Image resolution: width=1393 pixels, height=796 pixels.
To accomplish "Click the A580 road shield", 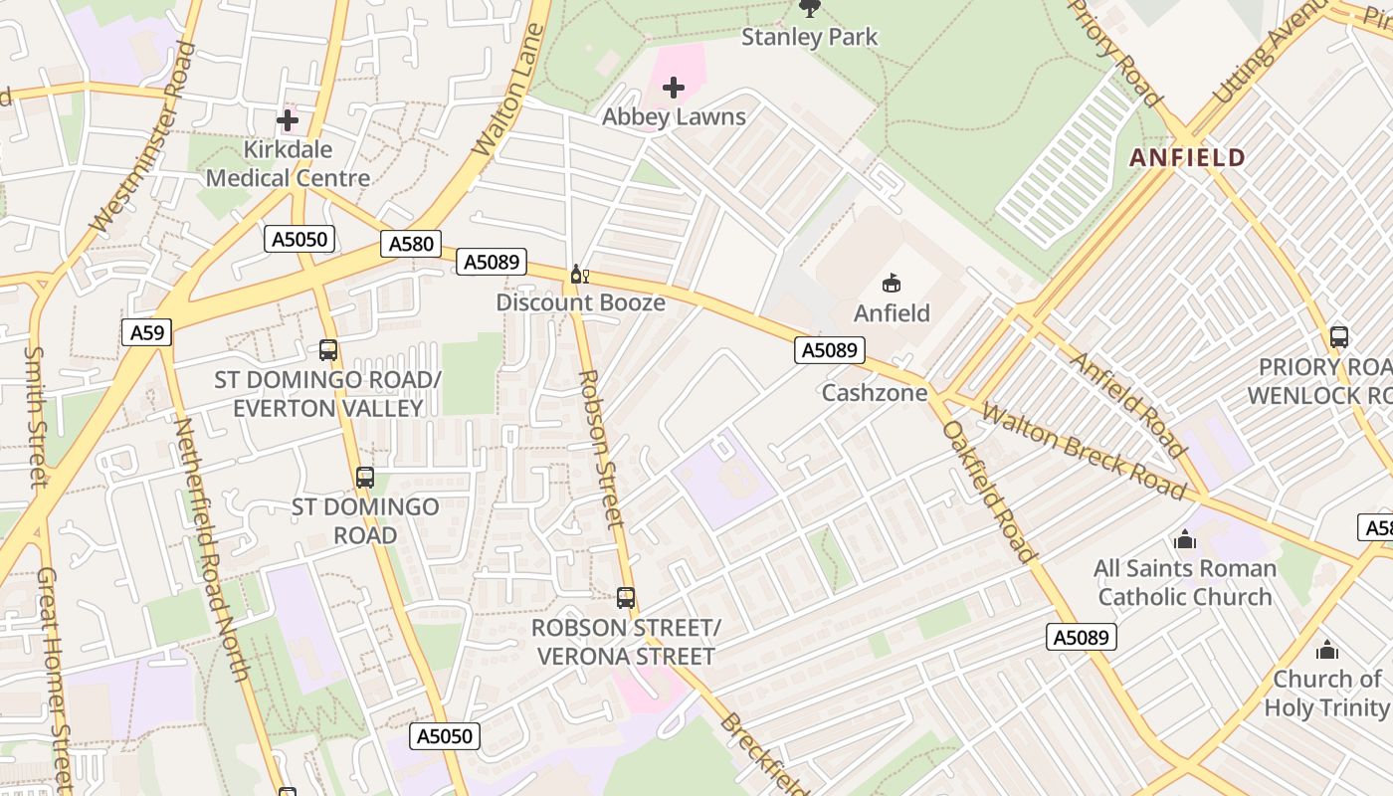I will [411, 244].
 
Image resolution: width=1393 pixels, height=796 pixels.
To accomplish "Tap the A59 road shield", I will [147, 331].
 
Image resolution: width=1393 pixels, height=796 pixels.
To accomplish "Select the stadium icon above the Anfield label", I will [892, 284].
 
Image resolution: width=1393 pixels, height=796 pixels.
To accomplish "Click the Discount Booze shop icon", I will [579, 274].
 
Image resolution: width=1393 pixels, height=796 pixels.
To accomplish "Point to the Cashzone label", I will [874, 393].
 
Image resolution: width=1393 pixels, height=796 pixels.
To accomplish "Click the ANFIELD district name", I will [1187, 157].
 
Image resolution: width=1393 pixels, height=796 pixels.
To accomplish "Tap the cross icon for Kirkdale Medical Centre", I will [288, 121].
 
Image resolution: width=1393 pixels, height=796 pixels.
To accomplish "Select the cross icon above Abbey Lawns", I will [674, 89].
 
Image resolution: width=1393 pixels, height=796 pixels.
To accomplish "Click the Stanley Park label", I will [810, 38].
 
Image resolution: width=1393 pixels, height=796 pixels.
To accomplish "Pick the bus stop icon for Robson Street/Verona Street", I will [625, 598].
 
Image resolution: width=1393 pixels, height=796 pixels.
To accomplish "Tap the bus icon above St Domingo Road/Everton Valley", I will [328, 350].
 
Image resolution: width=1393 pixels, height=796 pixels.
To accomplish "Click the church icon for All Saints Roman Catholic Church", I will [1184, 540].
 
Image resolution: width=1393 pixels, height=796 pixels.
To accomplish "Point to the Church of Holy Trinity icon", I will [1326, 651].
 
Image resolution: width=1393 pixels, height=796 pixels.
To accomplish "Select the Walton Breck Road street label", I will [1083, 451].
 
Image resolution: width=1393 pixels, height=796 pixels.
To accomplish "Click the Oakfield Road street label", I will [989, 492].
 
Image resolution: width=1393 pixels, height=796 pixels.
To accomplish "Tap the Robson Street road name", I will [601, 449].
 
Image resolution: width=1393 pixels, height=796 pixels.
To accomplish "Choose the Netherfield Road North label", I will [211, 548].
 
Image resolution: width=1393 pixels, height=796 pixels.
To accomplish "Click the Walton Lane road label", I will [508, 92].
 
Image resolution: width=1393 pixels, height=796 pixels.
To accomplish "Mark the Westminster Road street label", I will [141, 138].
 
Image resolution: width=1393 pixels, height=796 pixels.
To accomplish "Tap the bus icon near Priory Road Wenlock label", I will [1338, 336].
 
